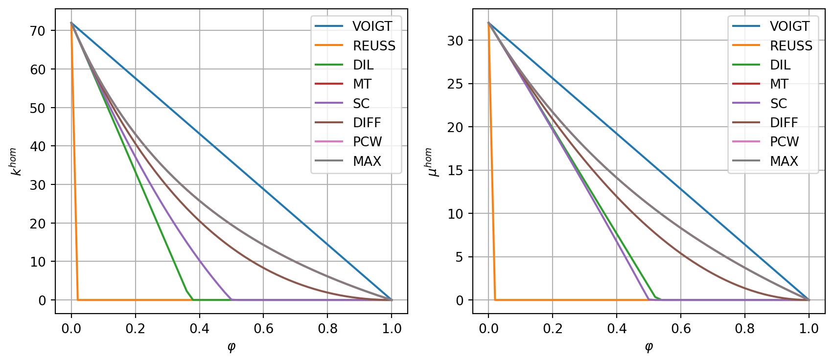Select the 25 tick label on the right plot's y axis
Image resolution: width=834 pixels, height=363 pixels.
point(455,84)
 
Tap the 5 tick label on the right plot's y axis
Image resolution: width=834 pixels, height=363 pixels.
point(459,257)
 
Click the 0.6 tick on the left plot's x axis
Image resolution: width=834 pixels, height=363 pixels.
point(263,328)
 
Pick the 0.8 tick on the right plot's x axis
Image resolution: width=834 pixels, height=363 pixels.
point(745,328)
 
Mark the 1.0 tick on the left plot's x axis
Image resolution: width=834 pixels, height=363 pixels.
point(392,328)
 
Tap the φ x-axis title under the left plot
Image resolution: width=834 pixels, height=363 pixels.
point(232,347)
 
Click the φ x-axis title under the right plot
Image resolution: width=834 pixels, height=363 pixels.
point(649,347)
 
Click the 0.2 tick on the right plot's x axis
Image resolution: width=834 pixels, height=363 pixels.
point(553,328)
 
